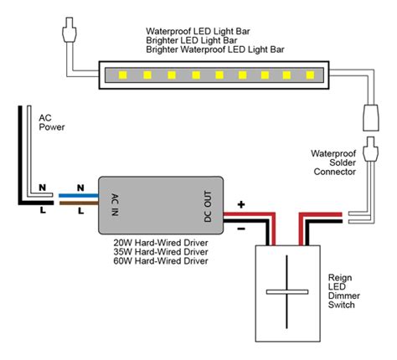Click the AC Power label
pyautogui.click(x=52, y=123)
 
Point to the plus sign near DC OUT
pyautogui.click(x=240, y=203)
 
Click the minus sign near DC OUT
pyautogui.click(x=240, y=227)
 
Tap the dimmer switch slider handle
pyautogui.click(x=287, y=292)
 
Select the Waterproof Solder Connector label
pyautogui.click(x=334, y=162)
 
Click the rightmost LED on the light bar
pyautogui.click(x=312, y=75)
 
